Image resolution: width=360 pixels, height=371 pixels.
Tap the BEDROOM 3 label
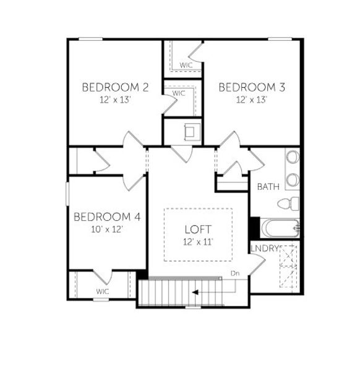[x=252, y=87]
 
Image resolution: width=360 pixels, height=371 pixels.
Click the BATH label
[x=268, y=187]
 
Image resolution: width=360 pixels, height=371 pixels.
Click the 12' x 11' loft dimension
[x=198, y=242]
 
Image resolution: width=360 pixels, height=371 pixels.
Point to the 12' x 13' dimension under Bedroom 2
[x=115, y=99]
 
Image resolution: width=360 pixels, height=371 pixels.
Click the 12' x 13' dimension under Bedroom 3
[x=251, y=99]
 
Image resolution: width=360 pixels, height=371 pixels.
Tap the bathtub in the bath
[x=281, y=228]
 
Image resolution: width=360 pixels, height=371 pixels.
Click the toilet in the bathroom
[x=288, y=203]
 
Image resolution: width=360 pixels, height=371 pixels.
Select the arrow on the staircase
[x=196, y=292]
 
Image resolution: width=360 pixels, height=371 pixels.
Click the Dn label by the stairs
[x=234, y=273]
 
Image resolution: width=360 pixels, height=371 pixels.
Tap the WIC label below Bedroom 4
[x=103, y=291]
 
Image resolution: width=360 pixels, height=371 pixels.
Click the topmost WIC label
[x=186, y=64]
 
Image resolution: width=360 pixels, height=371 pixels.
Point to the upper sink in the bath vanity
[x=292, y=157]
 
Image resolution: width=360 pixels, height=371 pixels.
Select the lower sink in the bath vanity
[x=292, y=179]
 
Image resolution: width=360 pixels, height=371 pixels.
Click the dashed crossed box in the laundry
[x=288, y=266]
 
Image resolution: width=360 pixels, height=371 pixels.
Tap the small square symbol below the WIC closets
[x=192, y=131]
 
